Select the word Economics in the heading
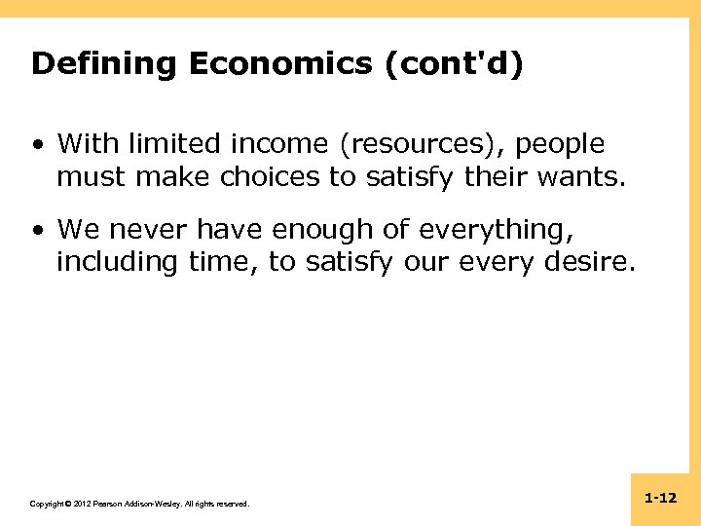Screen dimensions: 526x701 click(x=280, y=64)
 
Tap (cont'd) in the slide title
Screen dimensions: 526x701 click(x=455, y=64)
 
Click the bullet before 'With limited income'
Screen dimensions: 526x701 click(x=36, y=146)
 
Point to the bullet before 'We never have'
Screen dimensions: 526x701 click(x=36, y=231)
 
